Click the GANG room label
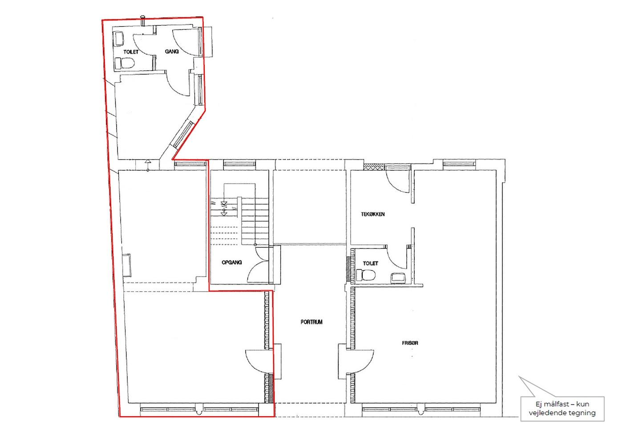[x=172, y=52]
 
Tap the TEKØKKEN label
[x=373, y=214]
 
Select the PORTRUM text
[x=311, y=322]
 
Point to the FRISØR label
[x=410, y=343]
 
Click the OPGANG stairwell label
[x=232, y=262]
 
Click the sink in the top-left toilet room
[x=119, y=39]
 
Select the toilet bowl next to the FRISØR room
[x=366, y=275]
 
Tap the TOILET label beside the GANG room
[x=131, y=52]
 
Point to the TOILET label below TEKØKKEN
[x=370, y=263]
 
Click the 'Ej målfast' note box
[x=562, y=409]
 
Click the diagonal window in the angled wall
[x=183, y=134]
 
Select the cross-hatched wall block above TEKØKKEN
[x=374, y=166]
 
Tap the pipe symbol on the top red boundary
[x=143, y=20]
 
